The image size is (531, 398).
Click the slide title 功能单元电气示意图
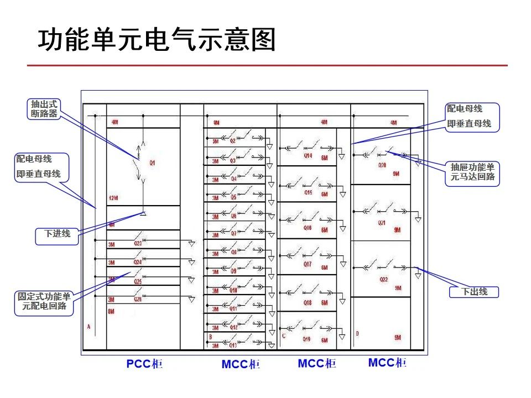157,40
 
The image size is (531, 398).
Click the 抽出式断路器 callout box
44,109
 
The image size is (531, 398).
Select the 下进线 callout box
57,234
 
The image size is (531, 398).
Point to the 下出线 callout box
475,291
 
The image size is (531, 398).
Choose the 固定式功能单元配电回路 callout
44,301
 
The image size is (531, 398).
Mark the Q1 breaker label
152,163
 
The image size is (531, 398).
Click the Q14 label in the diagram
308,156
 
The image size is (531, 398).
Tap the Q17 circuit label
308,265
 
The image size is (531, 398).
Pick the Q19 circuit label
307,339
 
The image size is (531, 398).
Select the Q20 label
382,165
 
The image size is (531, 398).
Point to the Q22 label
384,280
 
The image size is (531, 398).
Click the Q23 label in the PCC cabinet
138,243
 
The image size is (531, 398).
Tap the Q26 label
138,299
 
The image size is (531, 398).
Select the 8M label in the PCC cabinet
111,312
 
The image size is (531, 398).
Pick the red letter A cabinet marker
88,327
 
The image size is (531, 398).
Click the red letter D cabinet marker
357,333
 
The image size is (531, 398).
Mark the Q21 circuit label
382,223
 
